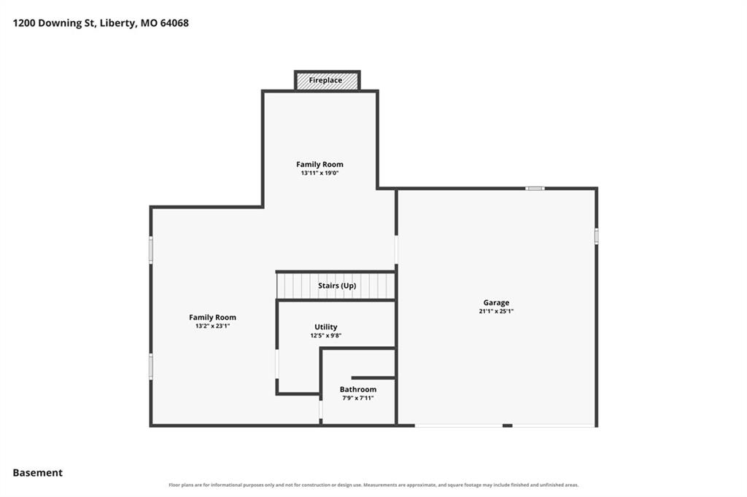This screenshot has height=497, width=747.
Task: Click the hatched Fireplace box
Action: coord(327,80)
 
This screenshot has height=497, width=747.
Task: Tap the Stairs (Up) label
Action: coord(337,286)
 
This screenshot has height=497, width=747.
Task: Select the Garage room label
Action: coord(496,302)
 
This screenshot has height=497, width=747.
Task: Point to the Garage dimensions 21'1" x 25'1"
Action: coord(496,311)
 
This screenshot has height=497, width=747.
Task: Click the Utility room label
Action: coord(326,327)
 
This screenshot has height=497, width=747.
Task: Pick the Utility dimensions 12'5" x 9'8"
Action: coord(326,336)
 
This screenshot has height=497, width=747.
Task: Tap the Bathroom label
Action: coord(357,389)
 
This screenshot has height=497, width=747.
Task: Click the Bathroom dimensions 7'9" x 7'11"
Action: coord(357,398)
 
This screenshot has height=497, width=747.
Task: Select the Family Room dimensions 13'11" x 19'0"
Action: coord(320,173)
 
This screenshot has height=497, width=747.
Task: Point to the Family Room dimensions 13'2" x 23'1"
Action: coord(212,326)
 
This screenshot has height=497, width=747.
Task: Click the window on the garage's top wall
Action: coord(535,189)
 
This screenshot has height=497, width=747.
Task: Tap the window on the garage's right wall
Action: coord(596,236)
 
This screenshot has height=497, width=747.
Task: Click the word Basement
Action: coord(38,473)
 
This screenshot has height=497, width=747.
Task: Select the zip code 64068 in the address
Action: coord(174,23)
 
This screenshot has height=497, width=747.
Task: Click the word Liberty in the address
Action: coord(117,23)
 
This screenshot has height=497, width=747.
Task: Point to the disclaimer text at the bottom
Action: coord(373,485)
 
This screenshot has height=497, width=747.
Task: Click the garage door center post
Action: coord(508,426)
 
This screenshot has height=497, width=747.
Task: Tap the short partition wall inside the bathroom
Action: coord(373,378)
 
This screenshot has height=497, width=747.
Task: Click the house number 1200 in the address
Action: coord(24,23)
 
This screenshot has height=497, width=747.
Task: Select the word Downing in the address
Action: coord(61,23)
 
